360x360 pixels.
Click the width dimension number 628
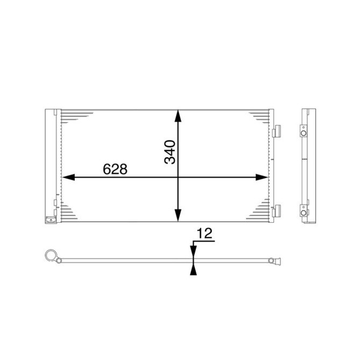[x=115, y=168]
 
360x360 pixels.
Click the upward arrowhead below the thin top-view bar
[x=192, y=269]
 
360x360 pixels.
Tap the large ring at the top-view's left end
[x=51, y=255]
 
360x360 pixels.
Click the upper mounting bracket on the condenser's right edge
[x=277, y=132]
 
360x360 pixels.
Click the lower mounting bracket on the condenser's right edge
[x=277, y=210]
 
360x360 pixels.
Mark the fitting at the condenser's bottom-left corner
[x=49, y=219]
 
